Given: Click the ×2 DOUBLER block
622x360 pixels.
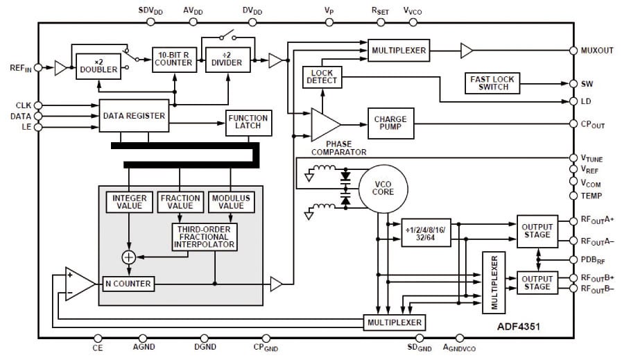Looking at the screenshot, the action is click(x=98, y=67).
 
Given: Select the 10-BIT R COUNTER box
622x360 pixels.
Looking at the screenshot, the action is click(x=174, y=60).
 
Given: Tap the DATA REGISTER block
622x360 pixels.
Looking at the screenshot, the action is click(x=134, y=116).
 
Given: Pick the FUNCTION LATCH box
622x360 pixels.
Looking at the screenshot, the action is click(x=248, y=123).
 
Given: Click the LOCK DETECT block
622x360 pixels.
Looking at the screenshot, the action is click(x=322, y=77).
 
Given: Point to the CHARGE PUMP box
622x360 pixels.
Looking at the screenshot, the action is click(x=390, y=123).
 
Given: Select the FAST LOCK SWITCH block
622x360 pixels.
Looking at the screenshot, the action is click(x=492, y=83).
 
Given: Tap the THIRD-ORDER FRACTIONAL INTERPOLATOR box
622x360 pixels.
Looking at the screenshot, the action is click(x=205, y=237).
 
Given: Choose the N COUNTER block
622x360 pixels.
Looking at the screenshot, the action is click(x=128, y=284).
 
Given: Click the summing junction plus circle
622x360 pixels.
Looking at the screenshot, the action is click(x=128, y=257).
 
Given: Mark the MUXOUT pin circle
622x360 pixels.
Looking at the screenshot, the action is click(x=573, y=51).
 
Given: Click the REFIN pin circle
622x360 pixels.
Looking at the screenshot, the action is click(x=38, y=67).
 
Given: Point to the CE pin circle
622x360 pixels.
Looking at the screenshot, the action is click(x=98, y=338).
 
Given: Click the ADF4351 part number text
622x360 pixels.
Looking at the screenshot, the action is click(x=519, y=327).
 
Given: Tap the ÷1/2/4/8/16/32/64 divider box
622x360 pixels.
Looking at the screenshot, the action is click(x=426, y=232).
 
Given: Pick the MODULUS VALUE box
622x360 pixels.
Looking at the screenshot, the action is click(x=232, y=202).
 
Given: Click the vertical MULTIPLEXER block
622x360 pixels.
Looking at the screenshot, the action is click(x=494, y=282).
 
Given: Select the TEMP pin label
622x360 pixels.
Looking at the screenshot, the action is click(x=591, y=196).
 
